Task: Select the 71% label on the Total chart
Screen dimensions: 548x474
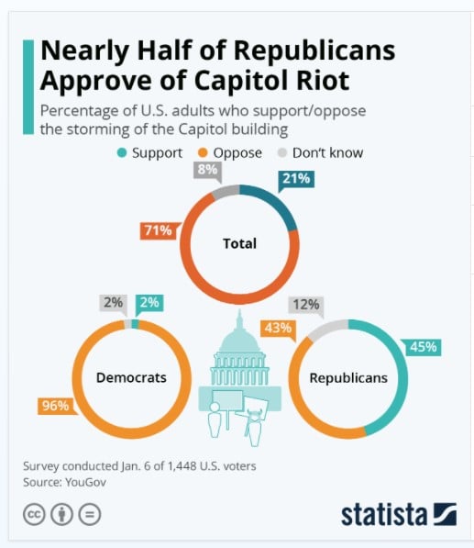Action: [157, 229]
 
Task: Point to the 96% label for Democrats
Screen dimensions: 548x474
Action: [54, 405]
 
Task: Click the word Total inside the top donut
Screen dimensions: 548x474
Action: [239, 244]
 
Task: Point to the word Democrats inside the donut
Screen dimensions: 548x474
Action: [131, 377]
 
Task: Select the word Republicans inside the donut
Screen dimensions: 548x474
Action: [347, 377]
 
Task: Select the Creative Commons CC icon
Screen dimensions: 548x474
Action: [34, 513]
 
